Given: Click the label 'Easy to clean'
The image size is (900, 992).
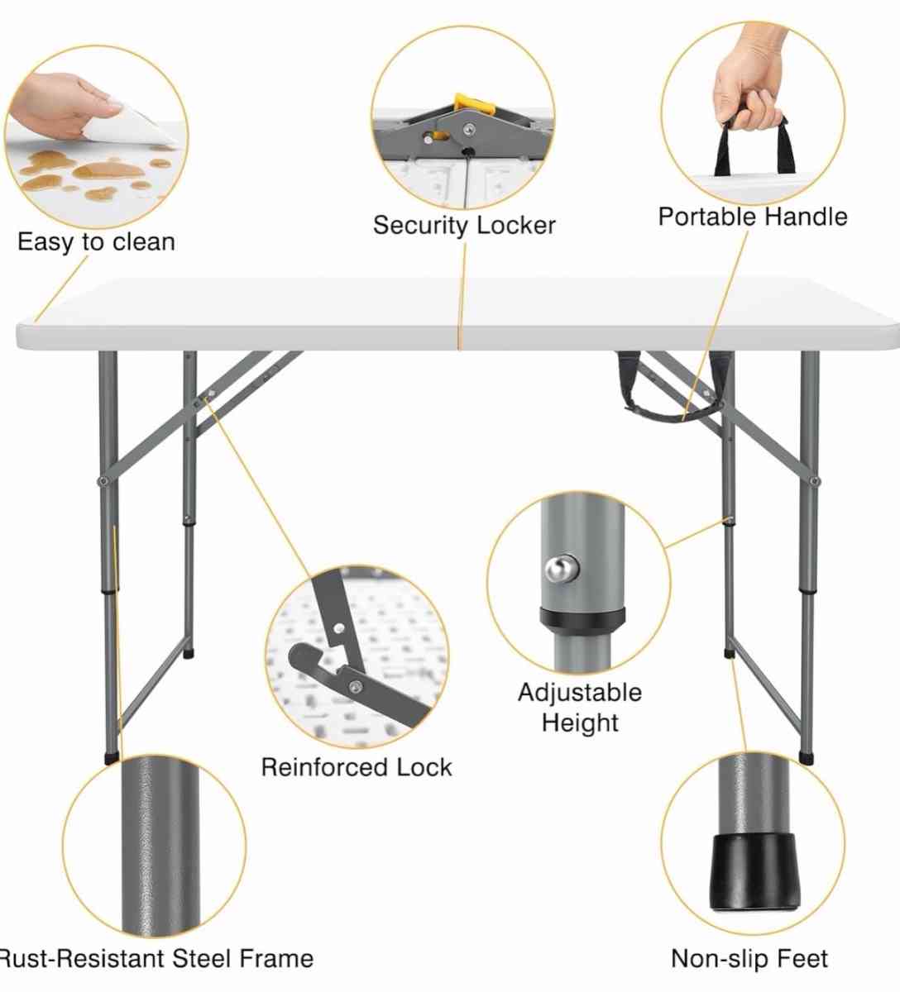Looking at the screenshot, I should click(x=96, y=242).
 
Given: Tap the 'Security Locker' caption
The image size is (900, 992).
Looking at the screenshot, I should click(x=464, y=225).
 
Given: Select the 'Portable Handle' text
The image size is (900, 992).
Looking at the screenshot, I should click(x=753, y=217).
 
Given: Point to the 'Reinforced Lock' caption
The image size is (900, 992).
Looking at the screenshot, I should click(x=357, y=767).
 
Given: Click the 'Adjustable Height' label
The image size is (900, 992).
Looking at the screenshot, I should click(x=580, y=707).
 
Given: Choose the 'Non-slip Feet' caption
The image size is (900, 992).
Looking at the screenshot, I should click(x=749, y=958).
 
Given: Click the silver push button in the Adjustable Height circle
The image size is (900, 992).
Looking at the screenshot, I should click(x=559, y=570).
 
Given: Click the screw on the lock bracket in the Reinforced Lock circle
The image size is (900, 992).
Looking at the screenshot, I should click(x=356, y=685).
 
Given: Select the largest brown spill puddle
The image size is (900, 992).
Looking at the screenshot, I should click(x=108, y=170).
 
